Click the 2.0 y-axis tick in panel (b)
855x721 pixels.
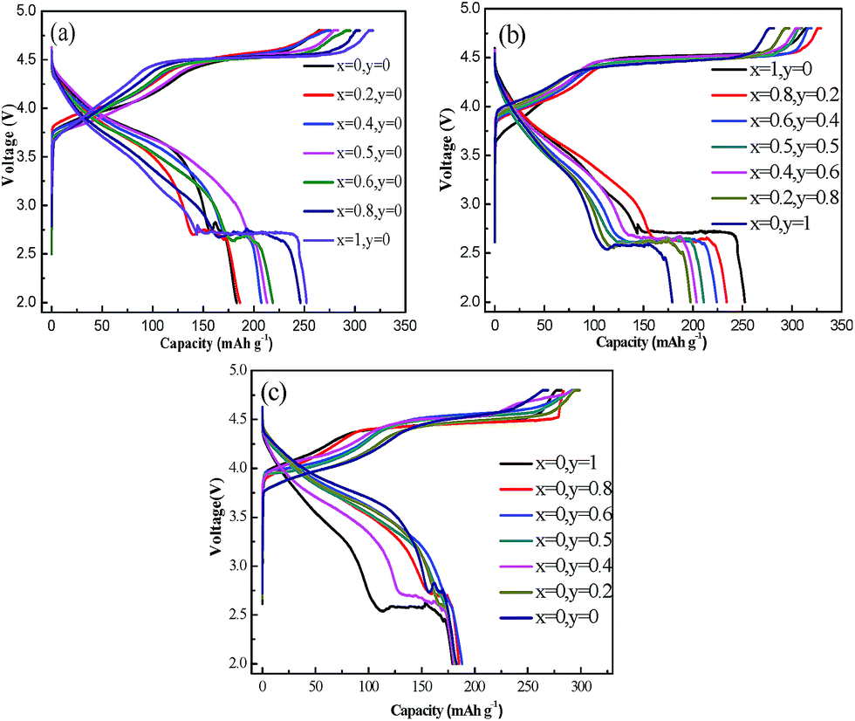click(x=471, y=302)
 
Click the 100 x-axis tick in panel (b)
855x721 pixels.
click(x=593, y=320)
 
